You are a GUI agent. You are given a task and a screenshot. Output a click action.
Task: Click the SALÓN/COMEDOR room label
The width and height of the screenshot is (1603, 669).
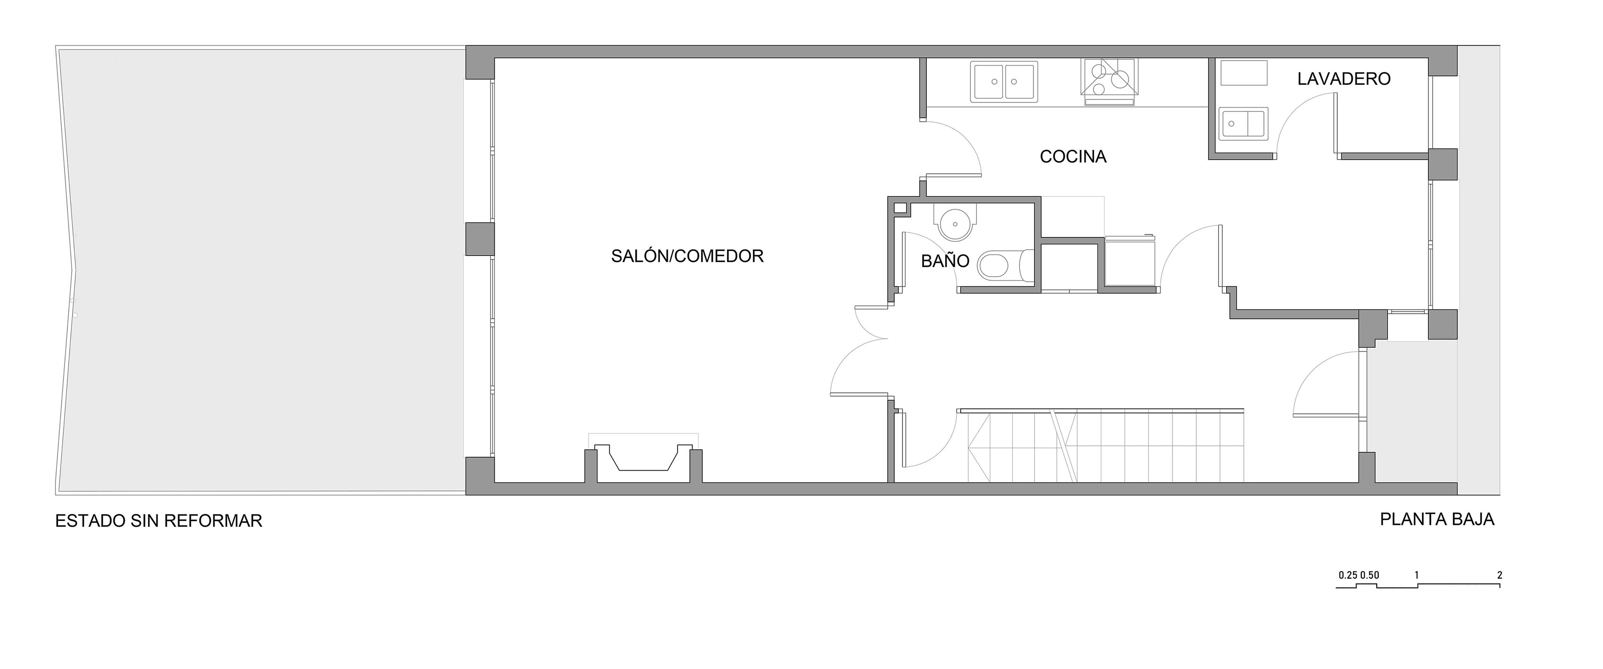tap(687, 256)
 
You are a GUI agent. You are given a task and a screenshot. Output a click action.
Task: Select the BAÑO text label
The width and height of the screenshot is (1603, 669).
tap(945, 260)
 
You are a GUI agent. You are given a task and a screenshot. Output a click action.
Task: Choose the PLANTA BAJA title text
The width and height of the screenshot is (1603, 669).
tap(1437, 519)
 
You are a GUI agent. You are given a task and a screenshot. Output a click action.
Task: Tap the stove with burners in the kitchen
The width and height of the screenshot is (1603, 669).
tap(1110, 82)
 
